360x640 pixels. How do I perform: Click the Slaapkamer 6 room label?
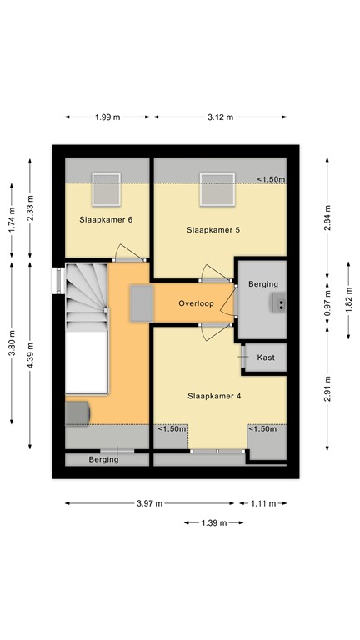[x=106, y=219]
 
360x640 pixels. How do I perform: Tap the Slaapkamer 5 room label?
[x=214, y=229]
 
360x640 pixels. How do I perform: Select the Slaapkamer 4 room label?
[x=214, y=396]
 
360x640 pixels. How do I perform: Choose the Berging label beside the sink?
[x=263, y=285]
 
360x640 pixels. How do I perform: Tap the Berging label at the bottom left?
[x=104, y=460]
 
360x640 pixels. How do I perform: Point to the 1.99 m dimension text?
[x=107, y=117]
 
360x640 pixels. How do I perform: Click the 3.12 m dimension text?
[x=220, y=117]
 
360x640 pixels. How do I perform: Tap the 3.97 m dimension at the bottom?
[x=150, y=503]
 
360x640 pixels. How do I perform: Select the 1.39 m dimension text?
[x=212, y=522]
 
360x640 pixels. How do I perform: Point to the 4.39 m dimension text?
[x=31, y=355]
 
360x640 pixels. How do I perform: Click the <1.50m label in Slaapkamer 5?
[x=271, y=179]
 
